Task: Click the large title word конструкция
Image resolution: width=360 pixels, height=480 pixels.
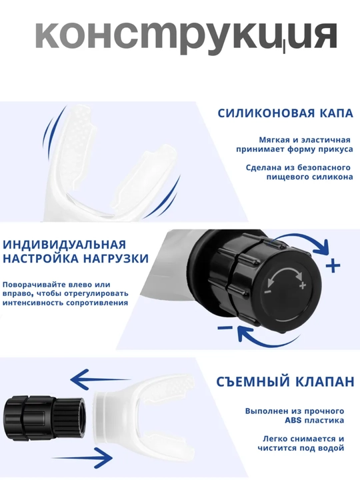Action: (187, 37)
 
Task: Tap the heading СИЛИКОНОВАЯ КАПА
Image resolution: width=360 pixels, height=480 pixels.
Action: (285, 113)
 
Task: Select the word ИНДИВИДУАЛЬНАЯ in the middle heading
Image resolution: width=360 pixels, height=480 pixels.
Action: (64, 245)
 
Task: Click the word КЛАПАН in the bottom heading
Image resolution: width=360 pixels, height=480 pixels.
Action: (325, 382)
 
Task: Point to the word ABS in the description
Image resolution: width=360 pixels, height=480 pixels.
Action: (293, 420)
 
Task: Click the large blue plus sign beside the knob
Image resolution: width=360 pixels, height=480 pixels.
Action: (333, 265)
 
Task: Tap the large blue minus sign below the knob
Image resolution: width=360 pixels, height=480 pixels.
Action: (225, 328)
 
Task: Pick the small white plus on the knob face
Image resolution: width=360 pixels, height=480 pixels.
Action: (303, 285)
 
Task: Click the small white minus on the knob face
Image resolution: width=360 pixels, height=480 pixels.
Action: (267, 292)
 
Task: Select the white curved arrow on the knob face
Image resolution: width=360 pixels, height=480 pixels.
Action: (285, 272)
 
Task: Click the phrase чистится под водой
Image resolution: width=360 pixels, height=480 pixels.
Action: (301, 449)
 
